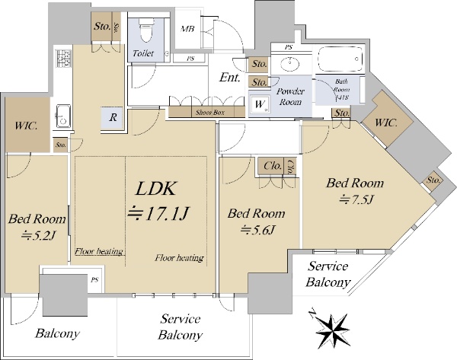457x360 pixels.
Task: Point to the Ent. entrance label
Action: coord(230,78)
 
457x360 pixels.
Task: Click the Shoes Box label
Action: coord(208,111)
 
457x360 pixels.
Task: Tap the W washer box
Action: coord(260,104)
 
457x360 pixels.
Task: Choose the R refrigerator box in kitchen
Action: coord(113,118)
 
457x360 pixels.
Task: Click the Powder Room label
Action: coord(290,97)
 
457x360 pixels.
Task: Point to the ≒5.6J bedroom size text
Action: coord(258,230)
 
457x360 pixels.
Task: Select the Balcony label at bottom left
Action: coord(58,333)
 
